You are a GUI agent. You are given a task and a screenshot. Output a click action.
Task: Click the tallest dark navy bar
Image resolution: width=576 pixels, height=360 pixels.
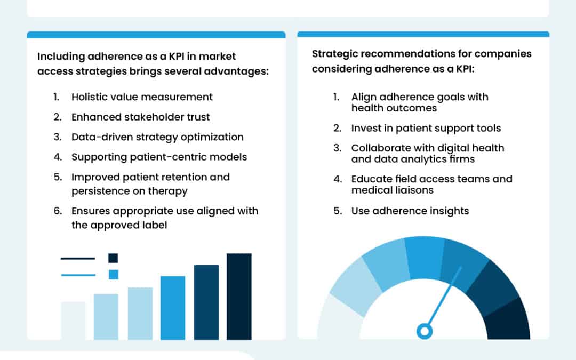(239, 296)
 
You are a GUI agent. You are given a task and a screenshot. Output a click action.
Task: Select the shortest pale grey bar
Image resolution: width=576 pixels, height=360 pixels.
(73, 321)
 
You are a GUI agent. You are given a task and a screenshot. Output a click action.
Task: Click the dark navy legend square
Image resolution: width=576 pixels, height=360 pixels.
(113, 258)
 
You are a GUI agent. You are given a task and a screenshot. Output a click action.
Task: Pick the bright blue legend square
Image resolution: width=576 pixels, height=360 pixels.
(113, 275)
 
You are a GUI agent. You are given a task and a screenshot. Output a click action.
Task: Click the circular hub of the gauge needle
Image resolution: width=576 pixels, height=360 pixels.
(425, 331)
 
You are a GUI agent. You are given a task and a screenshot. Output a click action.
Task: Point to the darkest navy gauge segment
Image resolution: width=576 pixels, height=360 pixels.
(509, 320)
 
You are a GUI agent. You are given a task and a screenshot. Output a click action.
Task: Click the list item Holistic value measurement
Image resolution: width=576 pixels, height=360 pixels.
(142, 97)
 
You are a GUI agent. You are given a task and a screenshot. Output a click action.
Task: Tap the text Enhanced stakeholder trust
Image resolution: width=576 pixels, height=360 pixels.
(141, 117)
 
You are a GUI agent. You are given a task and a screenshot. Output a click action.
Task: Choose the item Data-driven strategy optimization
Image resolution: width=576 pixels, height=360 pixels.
(157, 137)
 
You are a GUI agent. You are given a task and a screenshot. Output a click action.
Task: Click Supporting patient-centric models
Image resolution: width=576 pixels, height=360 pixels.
(159, 157)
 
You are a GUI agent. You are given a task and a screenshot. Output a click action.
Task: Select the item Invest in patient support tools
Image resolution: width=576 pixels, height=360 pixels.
(426, 128)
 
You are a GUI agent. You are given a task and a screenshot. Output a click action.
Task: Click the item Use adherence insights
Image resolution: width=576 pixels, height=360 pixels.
(410, 211)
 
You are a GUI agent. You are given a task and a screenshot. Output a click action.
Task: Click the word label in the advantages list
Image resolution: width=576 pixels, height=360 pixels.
(153, 225)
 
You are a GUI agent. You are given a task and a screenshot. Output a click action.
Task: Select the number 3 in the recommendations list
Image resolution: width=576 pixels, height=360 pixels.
(337, 148)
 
